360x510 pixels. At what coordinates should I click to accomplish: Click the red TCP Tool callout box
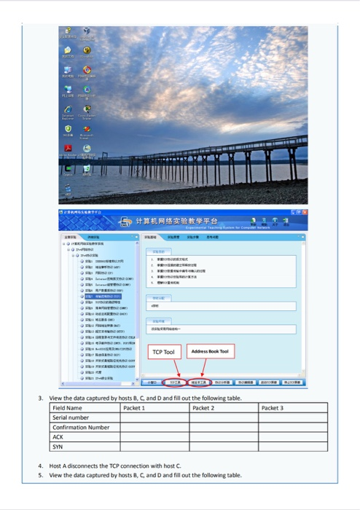coord(163,352)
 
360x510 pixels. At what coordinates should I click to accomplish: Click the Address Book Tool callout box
coord(210,352)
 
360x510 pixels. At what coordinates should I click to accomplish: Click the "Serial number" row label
coord(71,417)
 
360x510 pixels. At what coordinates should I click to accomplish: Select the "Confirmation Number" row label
coord(81,427)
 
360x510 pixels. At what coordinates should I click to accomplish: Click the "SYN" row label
coord(58,446)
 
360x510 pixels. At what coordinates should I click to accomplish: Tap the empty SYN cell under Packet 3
coord(291,446)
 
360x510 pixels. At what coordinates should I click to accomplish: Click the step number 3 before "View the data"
coord(41,398)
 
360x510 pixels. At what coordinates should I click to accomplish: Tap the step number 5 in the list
coord(41,475)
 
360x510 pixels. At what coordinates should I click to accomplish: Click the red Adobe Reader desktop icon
coord(67,148)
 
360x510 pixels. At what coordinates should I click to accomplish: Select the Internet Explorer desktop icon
coord(67,108)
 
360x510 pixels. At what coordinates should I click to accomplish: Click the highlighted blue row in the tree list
coord(102,297)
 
